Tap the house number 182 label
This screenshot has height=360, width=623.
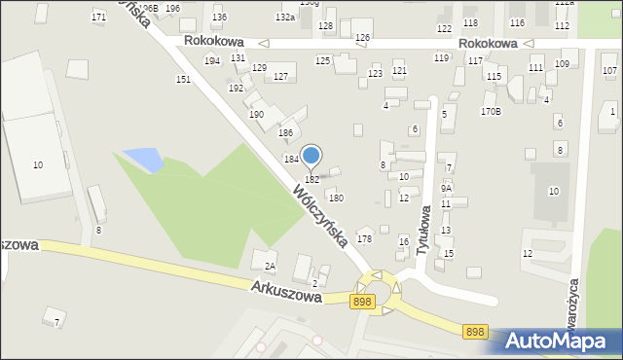[311, 180]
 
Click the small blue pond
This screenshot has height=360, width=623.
[140, 158]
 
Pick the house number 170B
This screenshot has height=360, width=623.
[491, 112]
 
